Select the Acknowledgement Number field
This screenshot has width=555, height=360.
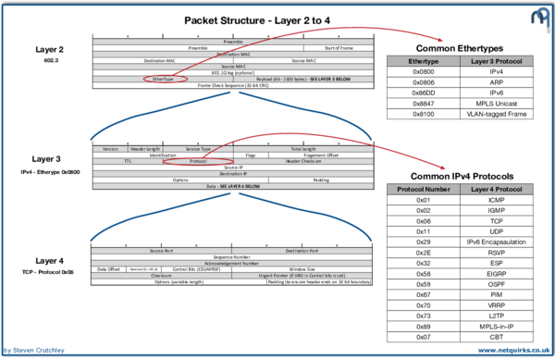(230, 263)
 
